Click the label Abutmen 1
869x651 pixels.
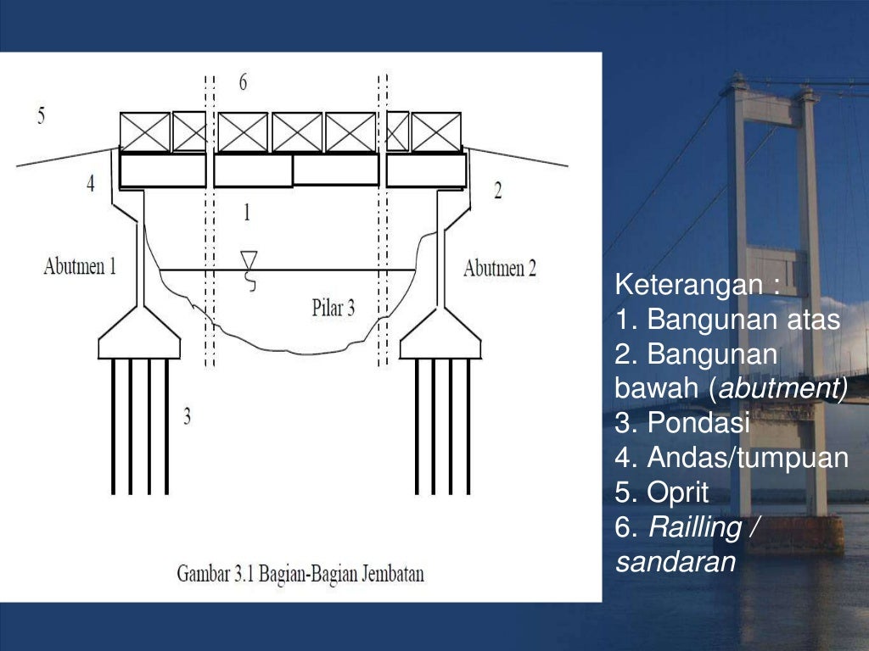pos(80,268)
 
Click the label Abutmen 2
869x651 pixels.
pos(500,269)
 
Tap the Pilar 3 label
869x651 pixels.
pos(334,308)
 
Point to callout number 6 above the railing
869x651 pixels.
pos(244,83)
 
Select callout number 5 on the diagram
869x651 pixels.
pos(41,116)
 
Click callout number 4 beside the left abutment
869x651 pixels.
pos(91,183)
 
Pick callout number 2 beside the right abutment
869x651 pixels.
pos(497,191)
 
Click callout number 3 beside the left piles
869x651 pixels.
pos(187,415)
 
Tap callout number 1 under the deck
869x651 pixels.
pos(247,212)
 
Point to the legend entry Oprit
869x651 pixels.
pos(676,492)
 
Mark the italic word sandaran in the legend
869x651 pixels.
pos(676,561)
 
